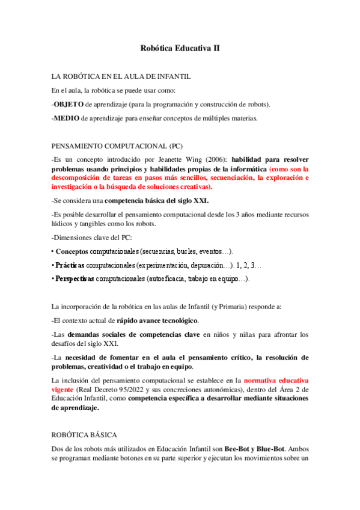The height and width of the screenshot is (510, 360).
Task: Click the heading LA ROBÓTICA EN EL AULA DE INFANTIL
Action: tap(121, 77)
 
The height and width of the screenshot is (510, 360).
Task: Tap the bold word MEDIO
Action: tap(67, 118)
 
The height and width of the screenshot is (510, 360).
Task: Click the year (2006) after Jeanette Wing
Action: tap(215, 159)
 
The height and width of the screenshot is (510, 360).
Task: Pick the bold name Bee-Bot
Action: tap(239, 448)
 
